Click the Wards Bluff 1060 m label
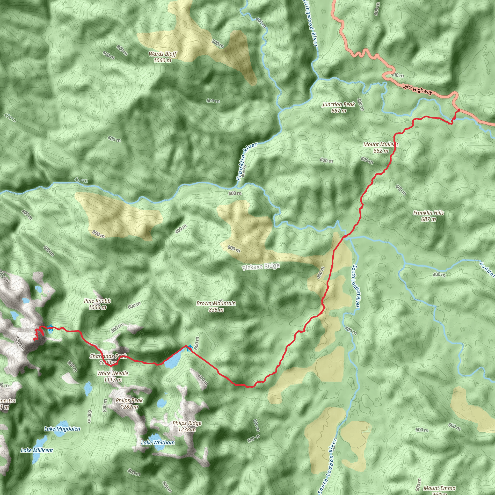(x=162, y=57)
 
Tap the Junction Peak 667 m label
(x=338, y=107)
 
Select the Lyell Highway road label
(x=417, y=89)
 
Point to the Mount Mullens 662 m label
(x=381, y=148)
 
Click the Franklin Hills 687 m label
(x=428, y=216)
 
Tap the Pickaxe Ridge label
(x=261, y=267)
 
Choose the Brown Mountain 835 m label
(x=216, y=306)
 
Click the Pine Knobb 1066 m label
(x=97, y=304)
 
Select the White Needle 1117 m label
(x=113, y=376)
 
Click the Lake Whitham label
(x=158, y=443)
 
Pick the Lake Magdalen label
(x=62, y=429)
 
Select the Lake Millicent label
(x=37, y=450)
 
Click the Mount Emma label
(x=440, y=488)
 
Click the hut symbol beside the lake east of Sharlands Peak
(x=189, y=348)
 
